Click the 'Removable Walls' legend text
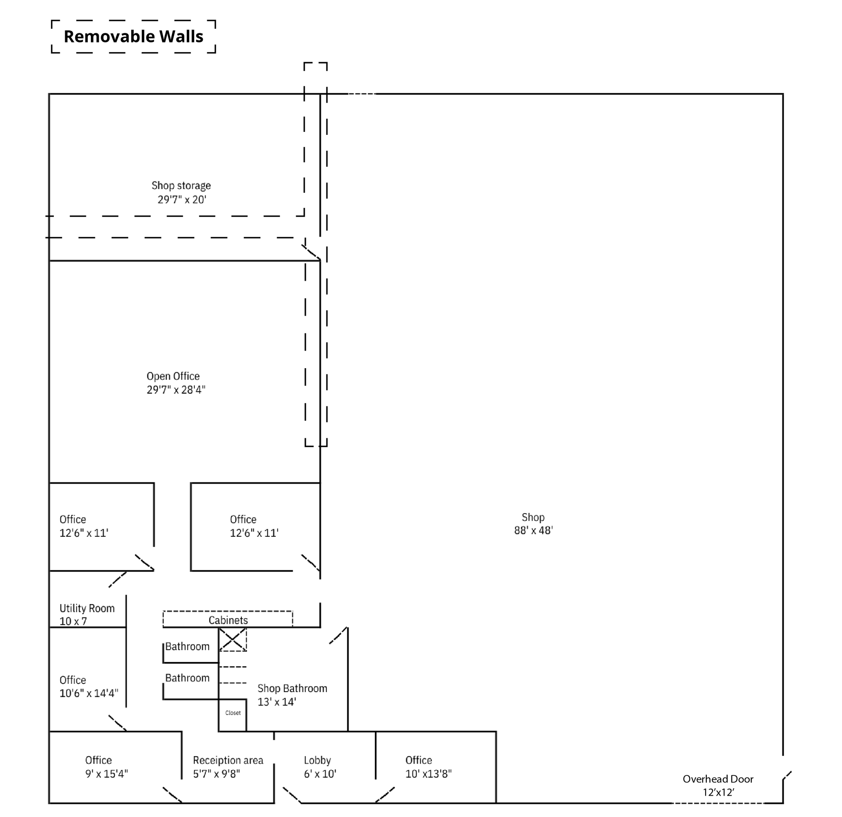pyautogui.click(x=133, y=37)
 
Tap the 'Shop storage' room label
pyautogui.click(x=181, y=185)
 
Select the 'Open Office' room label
pyautogui.click(x=173, y=376)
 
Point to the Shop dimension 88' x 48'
pyautogui.click(x=533, y=531)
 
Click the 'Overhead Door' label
pyautogui.click(x=718, y=779)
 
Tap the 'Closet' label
pyautogui.click(x=233, y=713)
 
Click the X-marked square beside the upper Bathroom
pyautogui.click(x=232, y=640)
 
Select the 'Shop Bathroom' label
pyautogui.click(x=292, y=689)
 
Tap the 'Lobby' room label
pyautogui.click(x=317, y=760)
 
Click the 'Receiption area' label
pyautogui.click(x=228, y=760)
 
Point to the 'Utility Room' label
pyautogui.click(x=87, y=608)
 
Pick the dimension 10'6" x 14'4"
pyautogui.click(x=88, y=693)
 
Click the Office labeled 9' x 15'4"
pyautogui.click(x=98, y=760)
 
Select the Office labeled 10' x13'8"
pyautogui.click(x=419, y=760)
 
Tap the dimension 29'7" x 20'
pyautogui.click(x=182, y=200)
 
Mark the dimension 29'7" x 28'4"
pyautogui.click(x=176, y=390)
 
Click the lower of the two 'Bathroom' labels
pyautogui.click(x=187, y=678)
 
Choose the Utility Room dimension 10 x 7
pyautogui.click(x=73, y=621)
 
